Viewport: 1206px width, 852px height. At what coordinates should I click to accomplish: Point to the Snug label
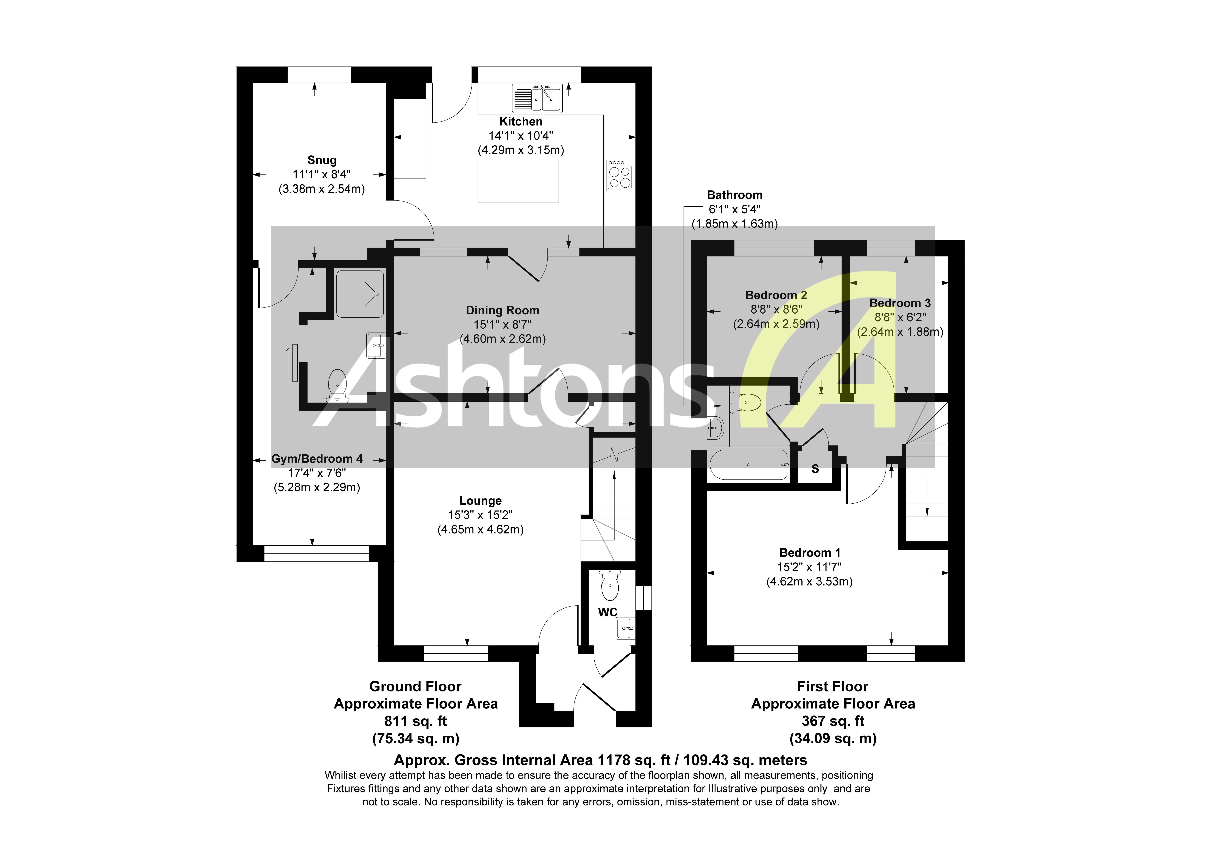(321, 160)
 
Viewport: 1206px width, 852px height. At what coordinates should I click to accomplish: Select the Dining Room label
(502, 310)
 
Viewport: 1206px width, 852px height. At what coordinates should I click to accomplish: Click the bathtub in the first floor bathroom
(748, 465)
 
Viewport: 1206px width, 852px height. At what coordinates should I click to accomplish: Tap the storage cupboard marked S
(815, 469)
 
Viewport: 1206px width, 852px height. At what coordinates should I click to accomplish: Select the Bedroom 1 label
(809, 553)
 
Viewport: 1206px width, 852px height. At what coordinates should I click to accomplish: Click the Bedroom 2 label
(776, 295)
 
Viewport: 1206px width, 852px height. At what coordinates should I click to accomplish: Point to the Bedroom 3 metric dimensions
(900, 332)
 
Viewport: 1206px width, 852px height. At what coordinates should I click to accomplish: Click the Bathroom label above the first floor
(734, 195)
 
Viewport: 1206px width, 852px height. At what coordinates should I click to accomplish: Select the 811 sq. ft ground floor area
(416, 721)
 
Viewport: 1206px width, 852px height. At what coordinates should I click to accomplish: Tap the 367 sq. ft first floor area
(832, 721)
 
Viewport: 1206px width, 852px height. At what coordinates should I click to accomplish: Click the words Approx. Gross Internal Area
(494, 760)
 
